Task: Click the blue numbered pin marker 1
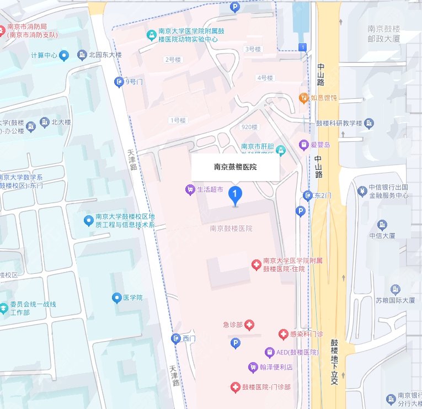tap(236, 194)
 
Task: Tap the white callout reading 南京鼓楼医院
tap(235, 167)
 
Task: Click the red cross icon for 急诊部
tap(249, 325)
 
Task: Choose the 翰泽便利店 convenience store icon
tap(253, 366)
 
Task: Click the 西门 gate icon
tap(176, 338)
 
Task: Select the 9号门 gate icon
tap(119, 82)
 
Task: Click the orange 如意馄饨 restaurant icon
tap(303, 98)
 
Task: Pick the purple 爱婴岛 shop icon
tap(303, 145)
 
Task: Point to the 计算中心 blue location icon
tap(65, 55)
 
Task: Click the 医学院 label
tap(132, 298)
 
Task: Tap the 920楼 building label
tap(249, 126)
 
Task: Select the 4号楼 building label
tap(265, 78)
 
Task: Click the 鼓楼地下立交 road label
tap(334, 362)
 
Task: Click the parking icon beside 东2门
tap(301, 211)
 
